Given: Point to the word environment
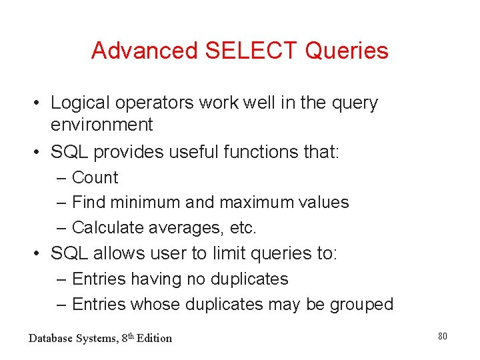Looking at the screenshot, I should (x=102, y=125).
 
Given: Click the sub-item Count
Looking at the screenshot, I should (x=95, y=178).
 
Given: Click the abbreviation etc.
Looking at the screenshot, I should (x=243, y=228).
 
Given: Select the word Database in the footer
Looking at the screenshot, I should (x=51, y=338).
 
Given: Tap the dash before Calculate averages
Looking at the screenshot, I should (x=62, y=228).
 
